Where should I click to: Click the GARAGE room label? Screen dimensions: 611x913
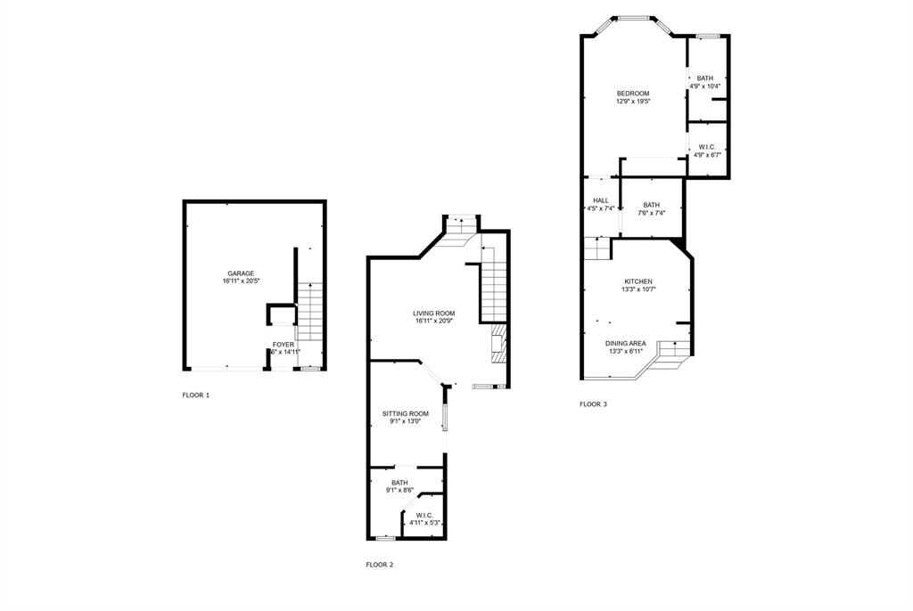point(241,273)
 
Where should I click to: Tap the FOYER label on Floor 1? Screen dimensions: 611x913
point(284,344)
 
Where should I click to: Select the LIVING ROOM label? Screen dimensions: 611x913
point(434,313)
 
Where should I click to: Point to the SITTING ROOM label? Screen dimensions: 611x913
point(406,413)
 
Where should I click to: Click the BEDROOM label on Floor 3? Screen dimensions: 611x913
point(633,94)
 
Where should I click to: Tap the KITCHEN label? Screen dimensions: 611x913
point(637,281)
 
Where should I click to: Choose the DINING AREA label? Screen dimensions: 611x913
point(626,343)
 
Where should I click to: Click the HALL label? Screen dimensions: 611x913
point(600,200)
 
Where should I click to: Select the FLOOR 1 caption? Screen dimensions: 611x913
point(196,395)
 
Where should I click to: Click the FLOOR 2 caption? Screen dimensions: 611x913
point(380,565)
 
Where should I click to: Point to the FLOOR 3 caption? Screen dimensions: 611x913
point(593,404)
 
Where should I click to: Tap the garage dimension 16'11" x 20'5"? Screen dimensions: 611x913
point(241,281)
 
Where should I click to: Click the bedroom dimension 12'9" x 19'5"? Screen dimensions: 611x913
point(633,102)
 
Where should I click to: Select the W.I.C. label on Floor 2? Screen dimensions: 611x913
point(424,515)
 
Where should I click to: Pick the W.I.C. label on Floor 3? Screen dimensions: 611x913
point(707,147)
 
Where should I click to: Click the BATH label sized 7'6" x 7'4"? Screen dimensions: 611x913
point(652,205)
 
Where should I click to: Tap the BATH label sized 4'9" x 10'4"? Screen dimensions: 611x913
point(705,78)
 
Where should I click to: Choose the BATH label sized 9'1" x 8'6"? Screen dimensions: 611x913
point(399,483)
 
